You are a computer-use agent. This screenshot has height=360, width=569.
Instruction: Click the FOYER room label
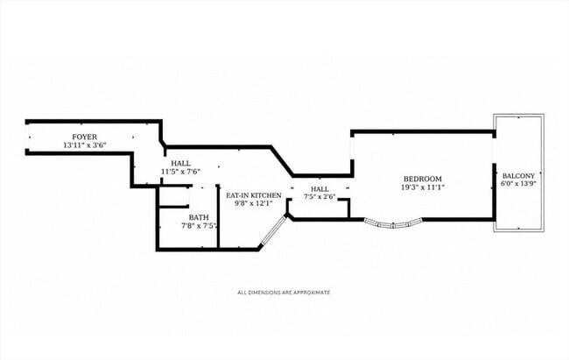pos(85,137)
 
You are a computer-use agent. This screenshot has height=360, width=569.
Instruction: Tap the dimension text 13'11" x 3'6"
pos(85,145)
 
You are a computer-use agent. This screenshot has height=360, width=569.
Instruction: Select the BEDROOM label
pos(423,179)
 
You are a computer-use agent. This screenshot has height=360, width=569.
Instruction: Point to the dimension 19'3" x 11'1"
pos(423,187)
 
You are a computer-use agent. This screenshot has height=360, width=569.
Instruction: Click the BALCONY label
pos(518,176)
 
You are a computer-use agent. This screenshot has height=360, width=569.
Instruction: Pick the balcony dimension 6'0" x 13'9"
pos(518,183)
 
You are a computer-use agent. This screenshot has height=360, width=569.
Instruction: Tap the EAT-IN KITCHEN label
pos(254,195)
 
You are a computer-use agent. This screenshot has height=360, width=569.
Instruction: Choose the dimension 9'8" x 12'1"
pos(254,203)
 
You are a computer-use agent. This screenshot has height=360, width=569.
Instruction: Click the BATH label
pos(199,217)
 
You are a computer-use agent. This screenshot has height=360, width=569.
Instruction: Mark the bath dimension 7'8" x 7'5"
pos(200,226)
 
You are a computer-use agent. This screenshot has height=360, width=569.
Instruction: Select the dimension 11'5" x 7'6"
pos(180,172)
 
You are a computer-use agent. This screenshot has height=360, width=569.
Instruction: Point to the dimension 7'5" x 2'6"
pos(320,197)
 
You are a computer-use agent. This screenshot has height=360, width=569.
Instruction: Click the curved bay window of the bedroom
pos(393,224)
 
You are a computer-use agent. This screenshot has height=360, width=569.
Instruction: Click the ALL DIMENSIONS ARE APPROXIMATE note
pos(284,292)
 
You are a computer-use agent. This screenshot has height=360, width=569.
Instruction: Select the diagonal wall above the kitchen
pos(282,161)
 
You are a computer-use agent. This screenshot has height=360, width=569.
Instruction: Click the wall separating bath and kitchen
pos(218,217)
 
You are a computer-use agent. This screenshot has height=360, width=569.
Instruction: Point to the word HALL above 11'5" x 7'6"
pos(180,164)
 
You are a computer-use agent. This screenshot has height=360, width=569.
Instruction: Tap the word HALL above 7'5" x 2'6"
pos(320,189)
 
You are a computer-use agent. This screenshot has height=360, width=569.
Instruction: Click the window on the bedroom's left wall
pos(352,148)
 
